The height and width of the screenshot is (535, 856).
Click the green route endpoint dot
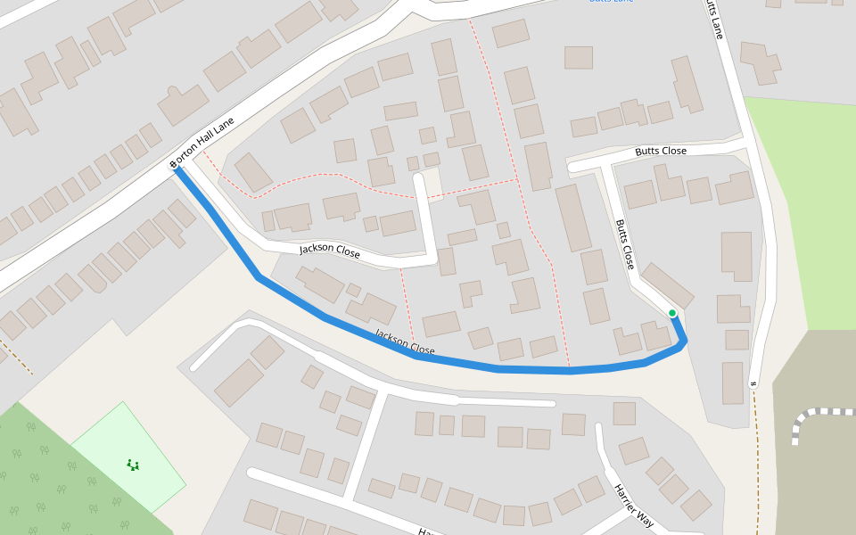click(671, 313)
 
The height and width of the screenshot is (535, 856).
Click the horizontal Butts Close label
click(661, 152)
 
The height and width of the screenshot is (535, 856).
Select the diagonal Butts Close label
click(625, 244)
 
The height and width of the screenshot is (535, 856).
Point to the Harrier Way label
click(634, 506)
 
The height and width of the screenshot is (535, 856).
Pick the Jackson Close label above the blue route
click(330, 252)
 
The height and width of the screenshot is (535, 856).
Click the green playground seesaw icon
click(133, 465)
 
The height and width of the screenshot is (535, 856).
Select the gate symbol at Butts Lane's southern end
click(753, 384)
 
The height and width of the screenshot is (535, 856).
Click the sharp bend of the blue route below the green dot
click(683, 342)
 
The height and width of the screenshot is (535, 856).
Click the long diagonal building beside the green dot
click(667, 284)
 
